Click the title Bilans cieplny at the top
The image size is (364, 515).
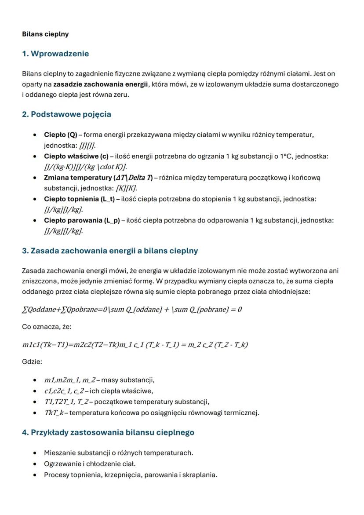[45, 34]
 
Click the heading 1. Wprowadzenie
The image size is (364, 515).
[55, 54]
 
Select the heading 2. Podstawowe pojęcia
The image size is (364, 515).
[66, 114]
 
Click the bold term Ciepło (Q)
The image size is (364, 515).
[60, 135]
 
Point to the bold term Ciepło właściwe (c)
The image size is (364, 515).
[76, 156]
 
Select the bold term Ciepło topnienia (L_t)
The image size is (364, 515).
[79, 199]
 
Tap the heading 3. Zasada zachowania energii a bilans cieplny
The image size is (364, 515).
[110, 251]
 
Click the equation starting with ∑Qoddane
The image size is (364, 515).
[132, 310]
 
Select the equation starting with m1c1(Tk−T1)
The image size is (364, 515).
[135, 345]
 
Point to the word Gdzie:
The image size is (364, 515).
[32, 362]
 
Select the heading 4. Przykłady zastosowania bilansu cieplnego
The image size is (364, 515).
[108, 432]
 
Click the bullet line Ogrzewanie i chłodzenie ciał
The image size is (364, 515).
[90, 464]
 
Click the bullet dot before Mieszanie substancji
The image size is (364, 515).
[35, 453]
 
